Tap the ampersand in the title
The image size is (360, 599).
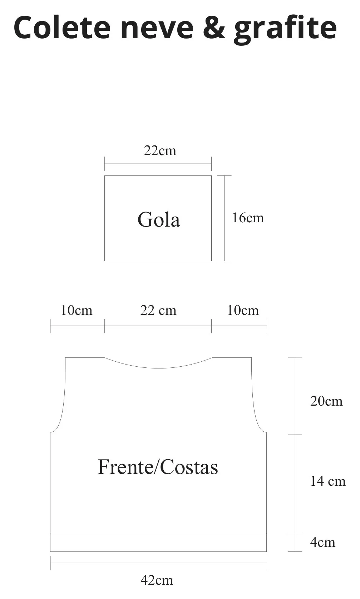[214, 27]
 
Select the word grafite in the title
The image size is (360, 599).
[285, 29]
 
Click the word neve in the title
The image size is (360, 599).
[157, 29]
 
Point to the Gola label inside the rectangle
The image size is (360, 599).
[159, 219]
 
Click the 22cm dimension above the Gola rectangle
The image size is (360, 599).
[160, 150]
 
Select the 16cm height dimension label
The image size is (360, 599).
[248, 218]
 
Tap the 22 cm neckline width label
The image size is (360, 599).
[158, 310]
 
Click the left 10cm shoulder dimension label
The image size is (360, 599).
[77, 310]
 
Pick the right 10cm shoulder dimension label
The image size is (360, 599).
[243, 310]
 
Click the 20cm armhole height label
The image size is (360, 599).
[326, 401]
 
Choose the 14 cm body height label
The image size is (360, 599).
[328, 481]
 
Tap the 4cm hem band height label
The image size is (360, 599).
[322, 542]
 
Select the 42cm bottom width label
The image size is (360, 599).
[157, 580]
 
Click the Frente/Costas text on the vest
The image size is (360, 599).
[158, 467]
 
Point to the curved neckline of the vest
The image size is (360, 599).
[158, 368]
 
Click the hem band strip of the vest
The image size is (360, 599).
[158, 542]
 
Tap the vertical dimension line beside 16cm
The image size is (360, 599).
[224, 218]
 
